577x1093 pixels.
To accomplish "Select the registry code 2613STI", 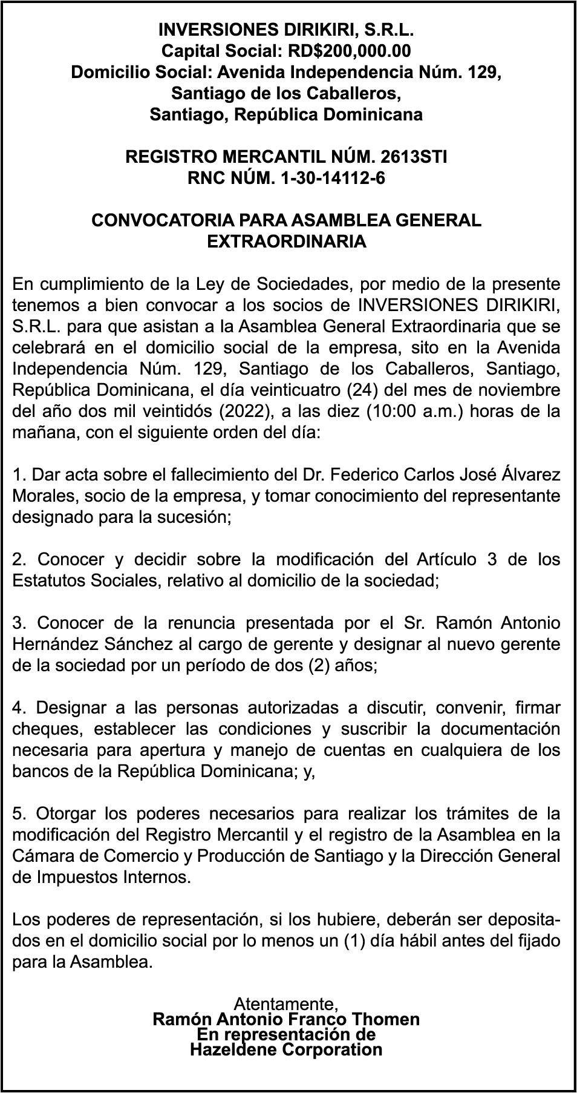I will [x=414, y=157].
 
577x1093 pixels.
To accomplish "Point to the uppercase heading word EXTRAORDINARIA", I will [x=287, y=241].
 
